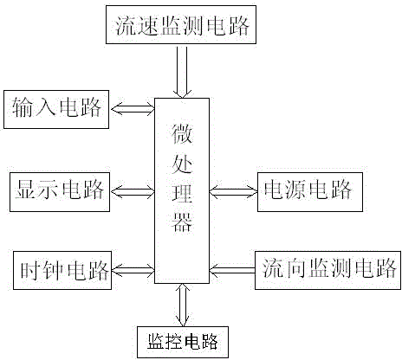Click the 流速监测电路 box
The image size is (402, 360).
pos(181,25)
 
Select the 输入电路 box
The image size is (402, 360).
pos(56,109)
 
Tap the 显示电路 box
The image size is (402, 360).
pos(60,192)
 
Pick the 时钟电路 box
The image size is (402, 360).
pos(62,270)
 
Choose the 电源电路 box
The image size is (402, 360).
pos(310,192)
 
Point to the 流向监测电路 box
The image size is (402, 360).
pos(327,270)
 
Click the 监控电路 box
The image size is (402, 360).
pos(183,342)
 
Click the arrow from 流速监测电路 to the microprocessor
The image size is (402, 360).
pos(182,72)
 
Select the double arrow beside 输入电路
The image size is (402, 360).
pos(133,109)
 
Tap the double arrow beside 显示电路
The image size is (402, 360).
pos(133,191)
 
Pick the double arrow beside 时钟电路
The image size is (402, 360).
pos(133,270)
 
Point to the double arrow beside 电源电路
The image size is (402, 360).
pos(233,191)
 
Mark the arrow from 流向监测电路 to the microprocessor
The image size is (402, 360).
pos(232,270)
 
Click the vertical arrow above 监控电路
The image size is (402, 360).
pos(183,305)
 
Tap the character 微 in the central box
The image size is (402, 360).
pos(182,134)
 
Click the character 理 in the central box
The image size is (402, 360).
pos(182,192)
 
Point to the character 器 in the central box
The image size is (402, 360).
pos(182,222)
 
